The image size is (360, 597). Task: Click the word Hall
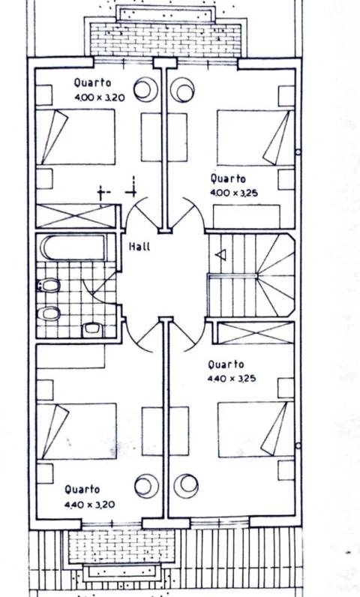(139, 247)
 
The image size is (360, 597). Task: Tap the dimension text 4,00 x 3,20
(100, 97)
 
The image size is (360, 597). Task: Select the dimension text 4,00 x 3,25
(234, 193)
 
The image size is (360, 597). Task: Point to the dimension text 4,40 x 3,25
(232, 379)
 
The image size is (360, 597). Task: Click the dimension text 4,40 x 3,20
(90, 505)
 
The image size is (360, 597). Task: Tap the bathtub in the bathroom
(73, 247)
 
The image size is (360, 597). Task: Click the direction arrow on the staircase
(220, 255)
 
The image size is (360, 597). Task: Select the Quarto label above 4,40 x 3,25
(226, 364)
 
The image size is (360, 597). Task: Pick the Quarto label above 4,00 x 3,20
(92, 82)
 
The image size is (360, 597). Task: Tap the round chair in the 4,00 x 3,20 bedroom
(145, 90)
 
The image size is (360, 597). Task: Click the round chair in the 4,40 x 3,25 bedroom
(186, 485)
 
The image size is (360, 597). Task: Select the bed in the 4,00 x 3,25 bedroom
(255, 138)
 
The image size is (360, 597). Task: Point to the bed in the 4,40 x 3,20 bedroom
(76, 431)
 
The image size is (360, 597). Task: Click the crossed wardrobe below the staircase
(255, 333)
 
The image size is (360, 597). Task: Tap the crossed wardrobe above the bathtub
(75, 216)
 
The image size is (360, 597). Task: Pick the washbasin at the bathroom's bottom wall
(92, 330)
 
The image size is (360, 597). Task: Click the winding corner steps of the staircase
(276, 275)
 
